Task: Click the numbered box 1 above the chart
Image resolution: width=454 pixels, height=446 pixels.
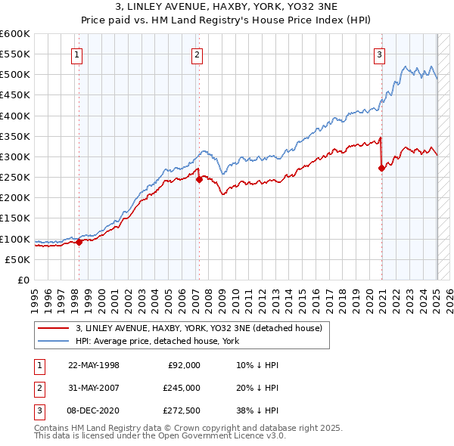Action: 79,54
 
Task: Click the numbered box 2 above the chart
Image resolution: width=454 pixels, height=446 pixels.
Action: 197,54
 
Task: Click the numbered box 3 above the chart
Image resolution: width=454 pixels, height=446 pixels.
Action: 379,54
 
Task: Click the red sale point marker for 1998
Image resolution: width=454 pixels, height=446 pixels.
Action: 79,242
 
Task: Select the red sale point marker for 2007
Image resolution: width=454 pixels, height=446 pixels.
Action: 198,179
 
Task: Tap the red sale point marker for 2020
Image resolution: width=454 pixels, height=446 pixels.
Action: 382,168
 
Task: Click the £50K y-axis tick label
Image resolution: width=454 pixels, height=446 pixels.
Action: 18,259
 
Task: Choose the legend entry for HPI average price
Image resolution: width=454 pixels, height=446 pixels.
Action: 157,341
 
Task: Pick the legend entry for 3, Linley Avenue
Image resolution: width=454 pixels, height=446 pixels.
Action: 199,328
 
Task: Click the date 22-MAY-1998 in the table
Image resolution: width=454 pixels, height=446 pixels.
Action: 94,364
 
